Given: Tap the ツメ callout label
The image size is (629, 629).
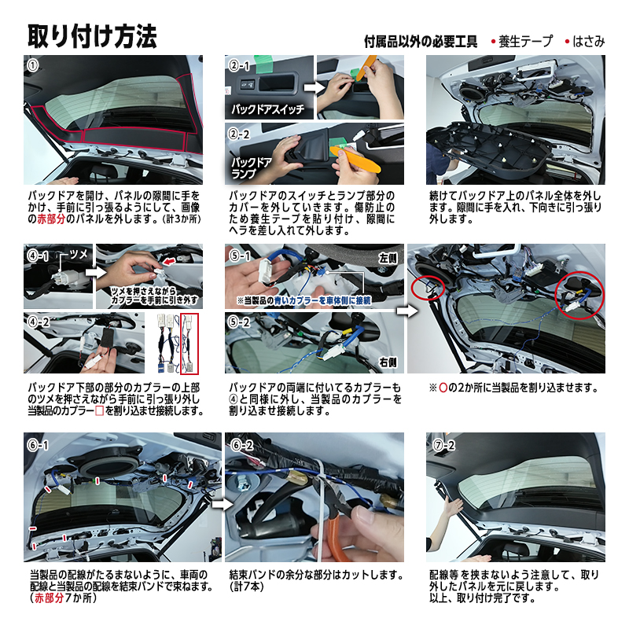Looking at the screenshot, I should click(79, 254).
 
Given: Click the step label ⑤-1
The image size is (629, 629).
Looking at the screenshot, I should click(239, 256).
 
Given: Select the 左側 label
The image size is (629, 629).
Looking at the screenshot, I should click(388, 257).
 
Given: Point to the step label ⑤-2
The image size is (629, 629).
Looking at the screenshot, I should click(239, 322).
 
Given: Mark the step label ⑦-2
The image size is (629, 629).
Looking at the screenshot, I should click(443, 444).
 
